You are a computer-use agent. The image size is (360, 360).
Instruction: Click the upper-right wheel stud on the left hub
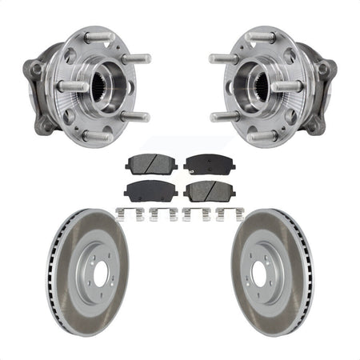(x=136, y=58)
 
